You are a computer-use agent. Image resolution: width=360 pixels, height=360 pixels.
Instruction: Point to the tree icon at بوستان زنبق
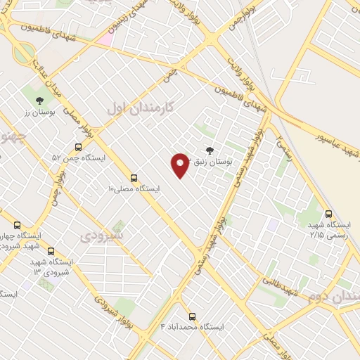[209, 149]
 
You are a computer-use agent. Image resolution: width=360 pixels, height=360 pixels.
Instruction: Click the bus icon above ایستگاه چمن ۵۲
[77, 148]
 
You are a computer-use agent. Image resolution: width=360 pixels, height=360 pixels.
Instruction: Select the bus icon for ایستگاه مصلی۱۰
[134, 178]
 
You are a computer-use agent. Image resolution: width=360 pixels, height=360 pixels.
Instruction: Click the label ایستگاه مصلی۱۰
[134, 188]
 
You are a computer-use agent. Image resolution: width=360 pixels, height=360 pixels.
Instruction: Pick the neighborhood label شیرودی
[102, 236]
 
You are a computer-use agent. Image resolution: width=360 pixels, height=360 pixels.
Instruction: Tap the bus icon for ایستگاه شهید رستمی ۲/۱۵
[328, 214]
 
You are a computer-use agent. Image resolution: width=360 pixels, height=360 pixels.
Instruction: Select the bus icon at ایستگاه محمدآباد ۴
[192, 316]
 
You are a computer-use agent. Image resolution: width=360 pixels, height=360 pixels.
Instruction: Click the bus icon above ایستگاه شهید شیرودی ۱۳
[51, 251]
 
